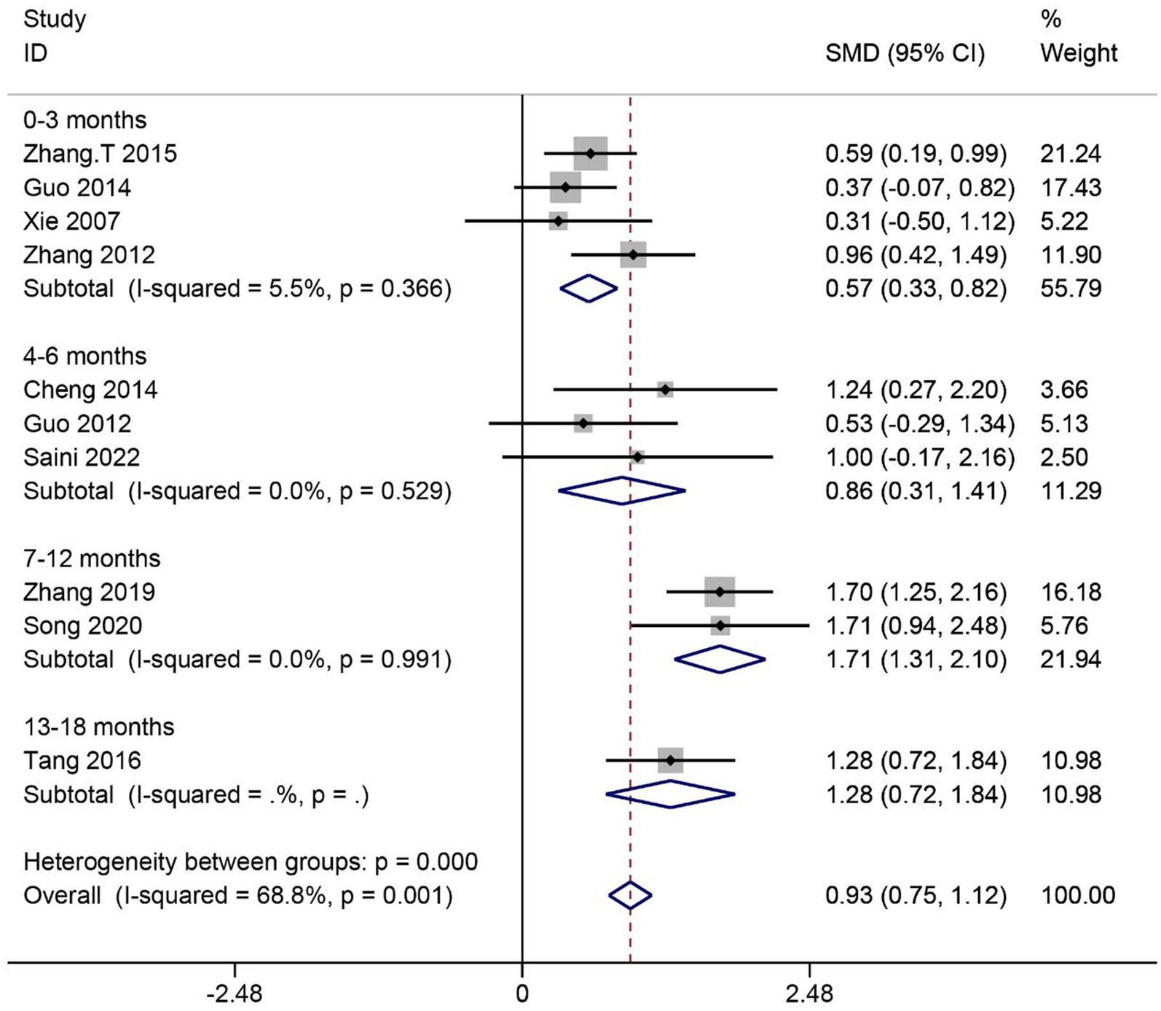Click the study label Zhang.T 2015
pos(100,154)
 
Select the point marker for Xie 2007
pos(559,221)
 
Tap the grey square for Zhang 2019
pos(720,592)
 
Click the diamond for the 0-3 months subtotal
pos(589,289)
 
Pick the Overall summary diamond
pos(630,895)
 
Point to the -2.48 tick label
pos(234,994)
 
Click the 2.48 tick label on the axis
pos(809,994)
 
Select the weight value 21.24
pos(1071,154)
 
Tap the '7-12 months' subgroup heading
pos(92,558)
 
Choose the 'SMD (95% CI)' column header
pos(905,53)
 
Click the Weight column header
pos(1079,53)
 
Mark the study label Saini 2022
pos(82,457)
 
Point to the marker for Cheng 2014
pos(664,389)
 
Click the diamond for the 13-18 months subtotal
pos(670,794)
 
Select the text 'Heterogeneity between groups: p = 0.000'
pos(251,862)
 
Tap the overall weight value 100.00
pos(1078,895)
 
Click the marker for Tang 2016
pos(670,760)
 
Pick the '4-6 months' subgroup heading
pos(84,356)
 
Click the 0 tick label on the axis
pos(522,994)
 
